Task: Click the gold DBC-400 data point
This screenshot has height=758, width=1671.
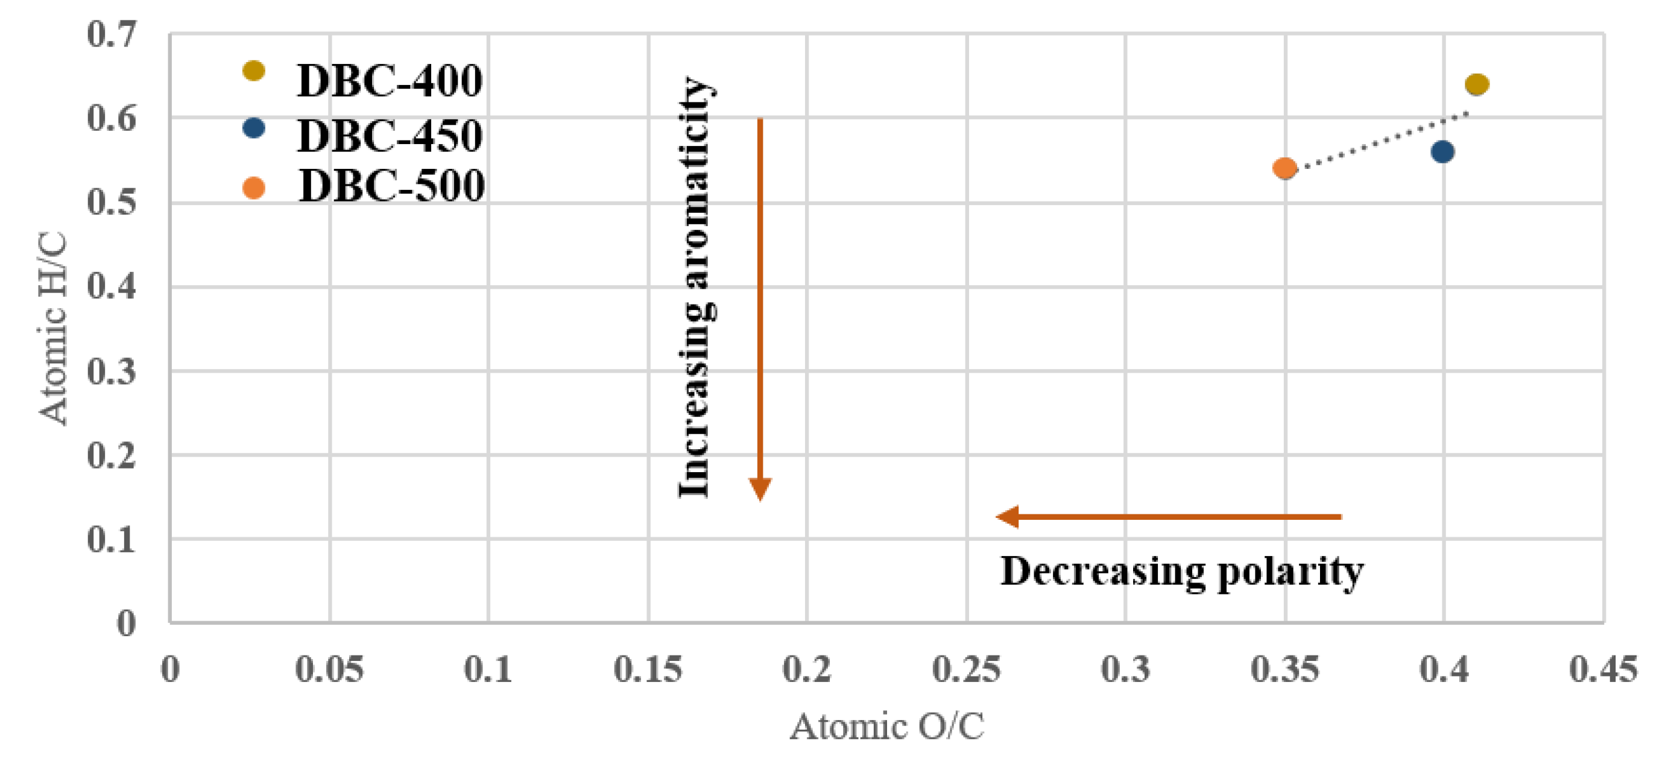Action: tap(1476, 84)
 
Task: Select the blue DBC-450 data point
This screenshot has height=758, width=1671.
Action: tap(1441, 153)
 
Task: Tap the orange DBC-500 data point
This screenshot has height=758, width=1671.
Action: tap(1284, 169)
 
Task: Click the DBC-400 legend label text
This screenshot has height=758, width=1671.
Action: tap(389, 81)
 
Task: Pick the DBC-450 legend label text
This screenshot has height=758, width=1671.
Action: tap(389, 136)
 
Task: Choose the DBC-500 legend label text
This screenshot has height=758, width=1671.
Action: tap(391, 186)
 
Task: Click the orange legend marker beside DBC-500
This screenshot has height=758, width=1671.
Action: tap(253, 188)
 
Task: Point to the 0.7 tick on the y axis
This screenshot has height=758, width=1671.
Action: tap(112, 34)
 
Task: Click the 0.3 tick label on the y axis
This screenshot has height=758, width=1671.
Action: tap(112, 371)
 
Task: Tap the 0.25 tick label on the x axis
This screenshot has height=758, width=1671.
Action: tap(966, 669)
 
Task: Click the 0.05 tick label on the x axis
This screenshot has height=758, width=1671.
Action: tap(329, 669)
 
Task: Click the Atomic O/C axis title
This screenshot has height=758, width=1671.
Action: tap(886, 726)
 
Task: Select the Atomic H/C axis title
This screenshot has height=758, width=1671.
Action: tap(53, 329)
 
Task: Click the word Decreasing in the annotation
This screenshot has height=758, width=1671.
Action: tap(1103, 571)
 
